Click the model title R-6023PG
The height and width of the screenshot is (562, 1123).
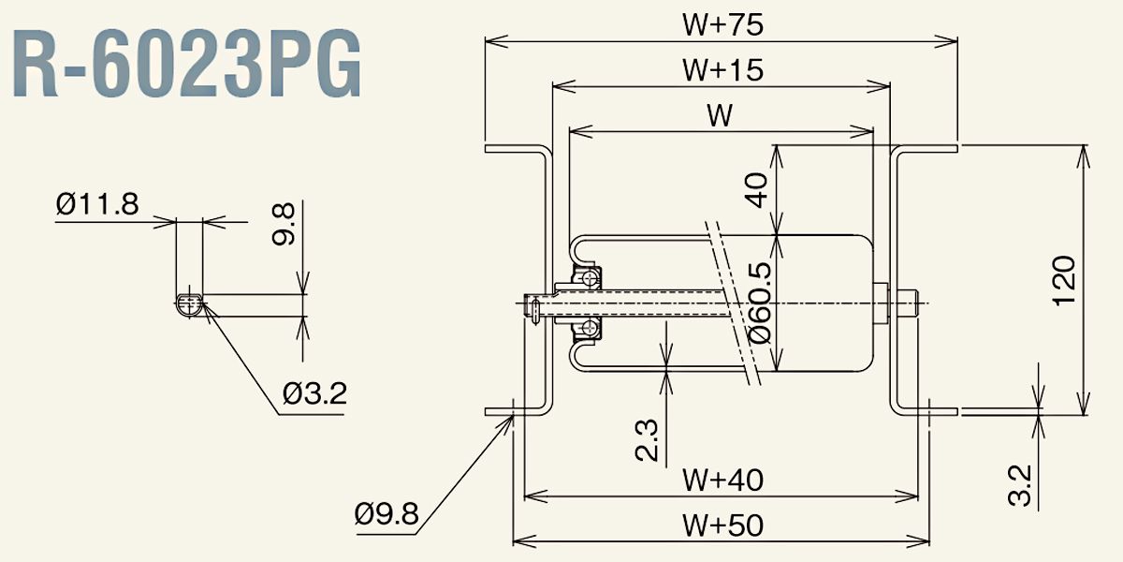point(187,68)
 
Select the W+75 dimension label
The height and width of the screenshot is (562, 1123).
point(722,25)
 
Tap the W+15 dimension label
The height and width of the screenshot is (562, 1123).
point(722,70)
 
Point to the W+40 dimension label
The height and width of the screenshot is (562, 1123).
point(722,481)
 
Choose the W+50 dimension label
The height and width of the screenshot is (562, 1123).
point(722,525)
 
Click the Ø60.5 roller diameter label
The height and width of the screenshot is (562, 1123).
point(760,302)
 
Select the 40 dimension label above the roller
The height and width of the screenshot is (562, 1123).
point(758,190)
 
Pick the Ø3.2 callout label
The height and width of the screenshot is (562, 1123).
point(314,393)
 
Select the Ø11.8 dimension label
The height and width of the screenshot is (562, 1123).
point(96,202)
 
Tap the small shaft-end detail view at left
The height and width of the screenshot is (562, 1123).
point(189,302)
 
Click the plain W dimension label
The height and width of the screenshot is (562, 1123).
point(719,115)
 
